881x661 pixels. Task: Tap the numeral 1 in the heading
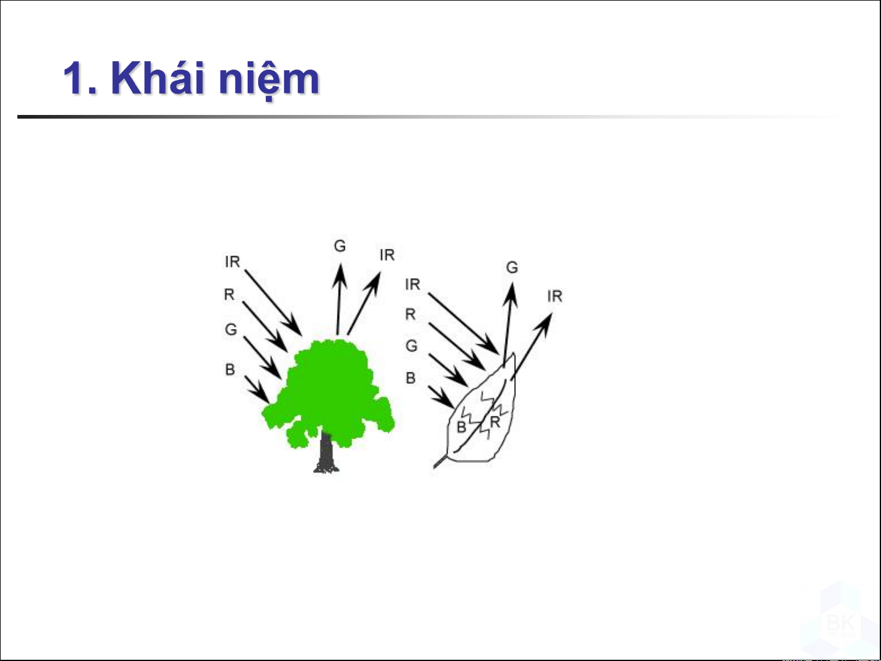pyautogui.click(x=75, y=78)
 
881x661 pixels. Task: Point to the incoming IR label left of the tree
pyautogui.click(x=232, y=262)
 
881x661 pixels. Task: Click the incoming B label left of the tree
pyautogui.click(x=230, y=369)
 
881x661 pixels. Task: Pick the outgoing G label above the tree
pyautogui.click(x=339, y=246)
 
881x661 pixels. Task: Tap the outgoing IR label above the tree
pyautogui.click(x=388, y=254)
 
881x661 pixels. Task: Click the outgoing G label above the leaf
pyautogui.click(x=512, y=267)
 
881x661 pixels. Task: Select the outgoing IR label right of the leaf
pyautogui.click(x=555, y=296)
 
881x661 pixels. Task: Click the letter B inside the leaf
pyautogui.click(x=462, y=427)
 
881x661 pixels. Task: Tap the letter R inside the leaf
pyautogui.click(x=495, y=422)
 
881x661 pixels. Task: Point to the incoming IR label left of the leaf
pyautogui.click(x=413, y=284)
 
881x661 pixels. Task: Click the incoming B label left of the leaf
pyautogui.click(x=411, y=378)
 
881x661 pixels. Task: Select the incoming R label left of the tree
pyautogui.click(x=229, y=294)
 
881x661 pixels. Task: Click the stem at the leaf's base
pyautogui.click(x=441, y=462)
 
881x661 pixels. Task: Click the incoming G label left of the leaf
pyautogui.click(x=411, y=345)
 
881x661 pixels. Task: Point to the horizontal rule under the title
pyautogui.click(x=429, y=117)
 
